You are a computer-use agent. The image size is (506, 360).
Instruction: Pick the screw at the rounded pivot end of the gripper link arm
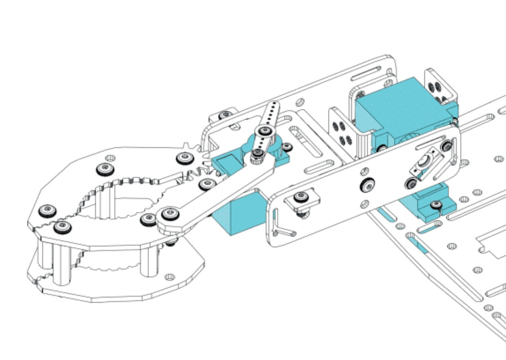[x=170, y=214]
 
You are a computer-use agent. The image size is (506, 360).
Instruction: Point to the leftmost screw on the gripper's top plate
[x=48, y=209]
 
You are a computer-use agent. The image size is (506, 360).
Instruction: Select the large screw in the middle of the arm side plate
[x=367, y=184]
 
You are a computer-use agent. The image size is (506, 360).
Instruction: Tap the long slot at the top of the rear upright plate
[x=366, y=74]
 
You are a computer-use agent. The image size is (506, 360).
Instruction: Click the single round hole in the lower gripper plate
[x=170, y=277]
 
